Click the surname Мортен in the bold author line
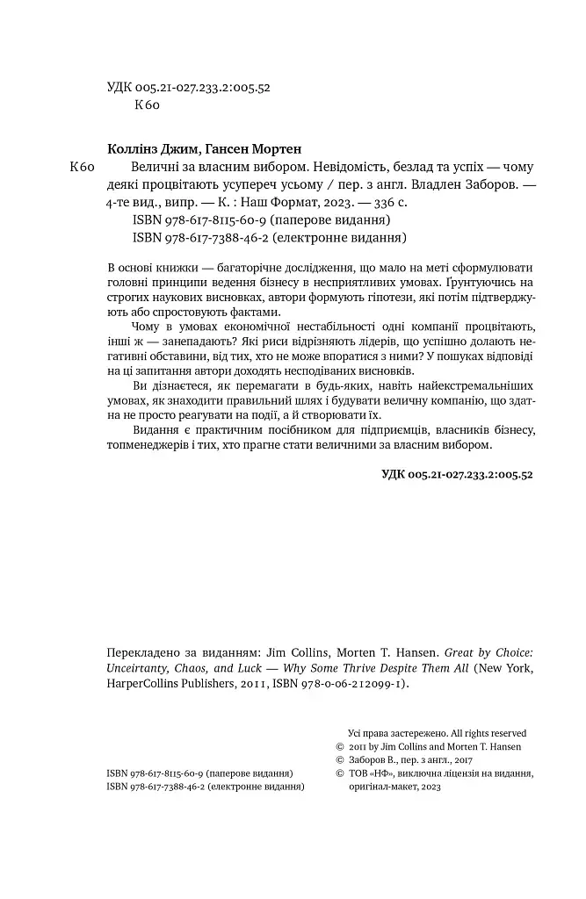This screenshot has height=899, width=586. (286, 148)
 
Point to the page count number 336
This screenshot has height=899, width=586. (381, 202)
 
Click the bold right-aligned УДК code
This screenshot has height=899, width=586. (457, 473)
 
